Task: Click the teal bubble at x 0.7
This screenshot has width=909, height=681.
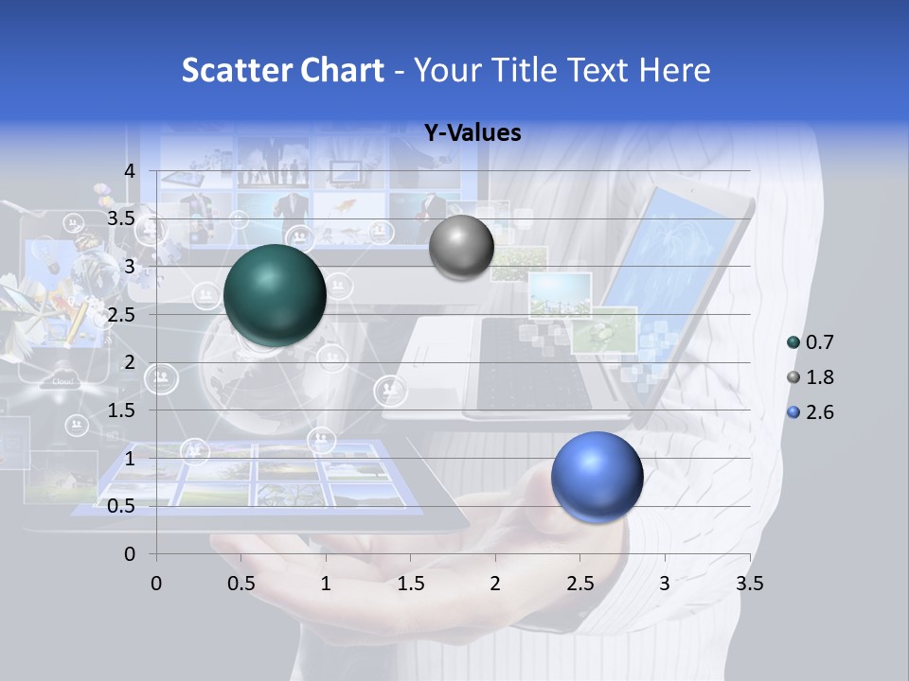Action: click(x=276, y=295)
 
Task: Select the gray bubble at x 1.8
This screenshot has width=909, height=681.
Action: click(x=461, y=247)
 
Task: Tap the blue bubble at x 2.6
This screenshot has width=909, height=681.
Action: click(x=597, y=477)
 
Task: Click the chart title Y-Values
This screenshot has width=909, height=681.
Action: click(x=472, y=133)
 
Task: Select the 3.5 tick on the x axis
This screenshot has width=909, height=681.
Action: click(x=750, y=584)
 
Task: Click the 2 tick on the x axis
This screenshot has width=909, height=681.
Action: click(x=495, y=584)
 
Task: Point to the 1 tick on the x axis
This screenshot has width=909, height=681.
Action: click(x=326, y=584)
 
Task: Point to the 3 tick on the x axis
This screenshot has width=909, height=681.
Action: click(x=665, y=584)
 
